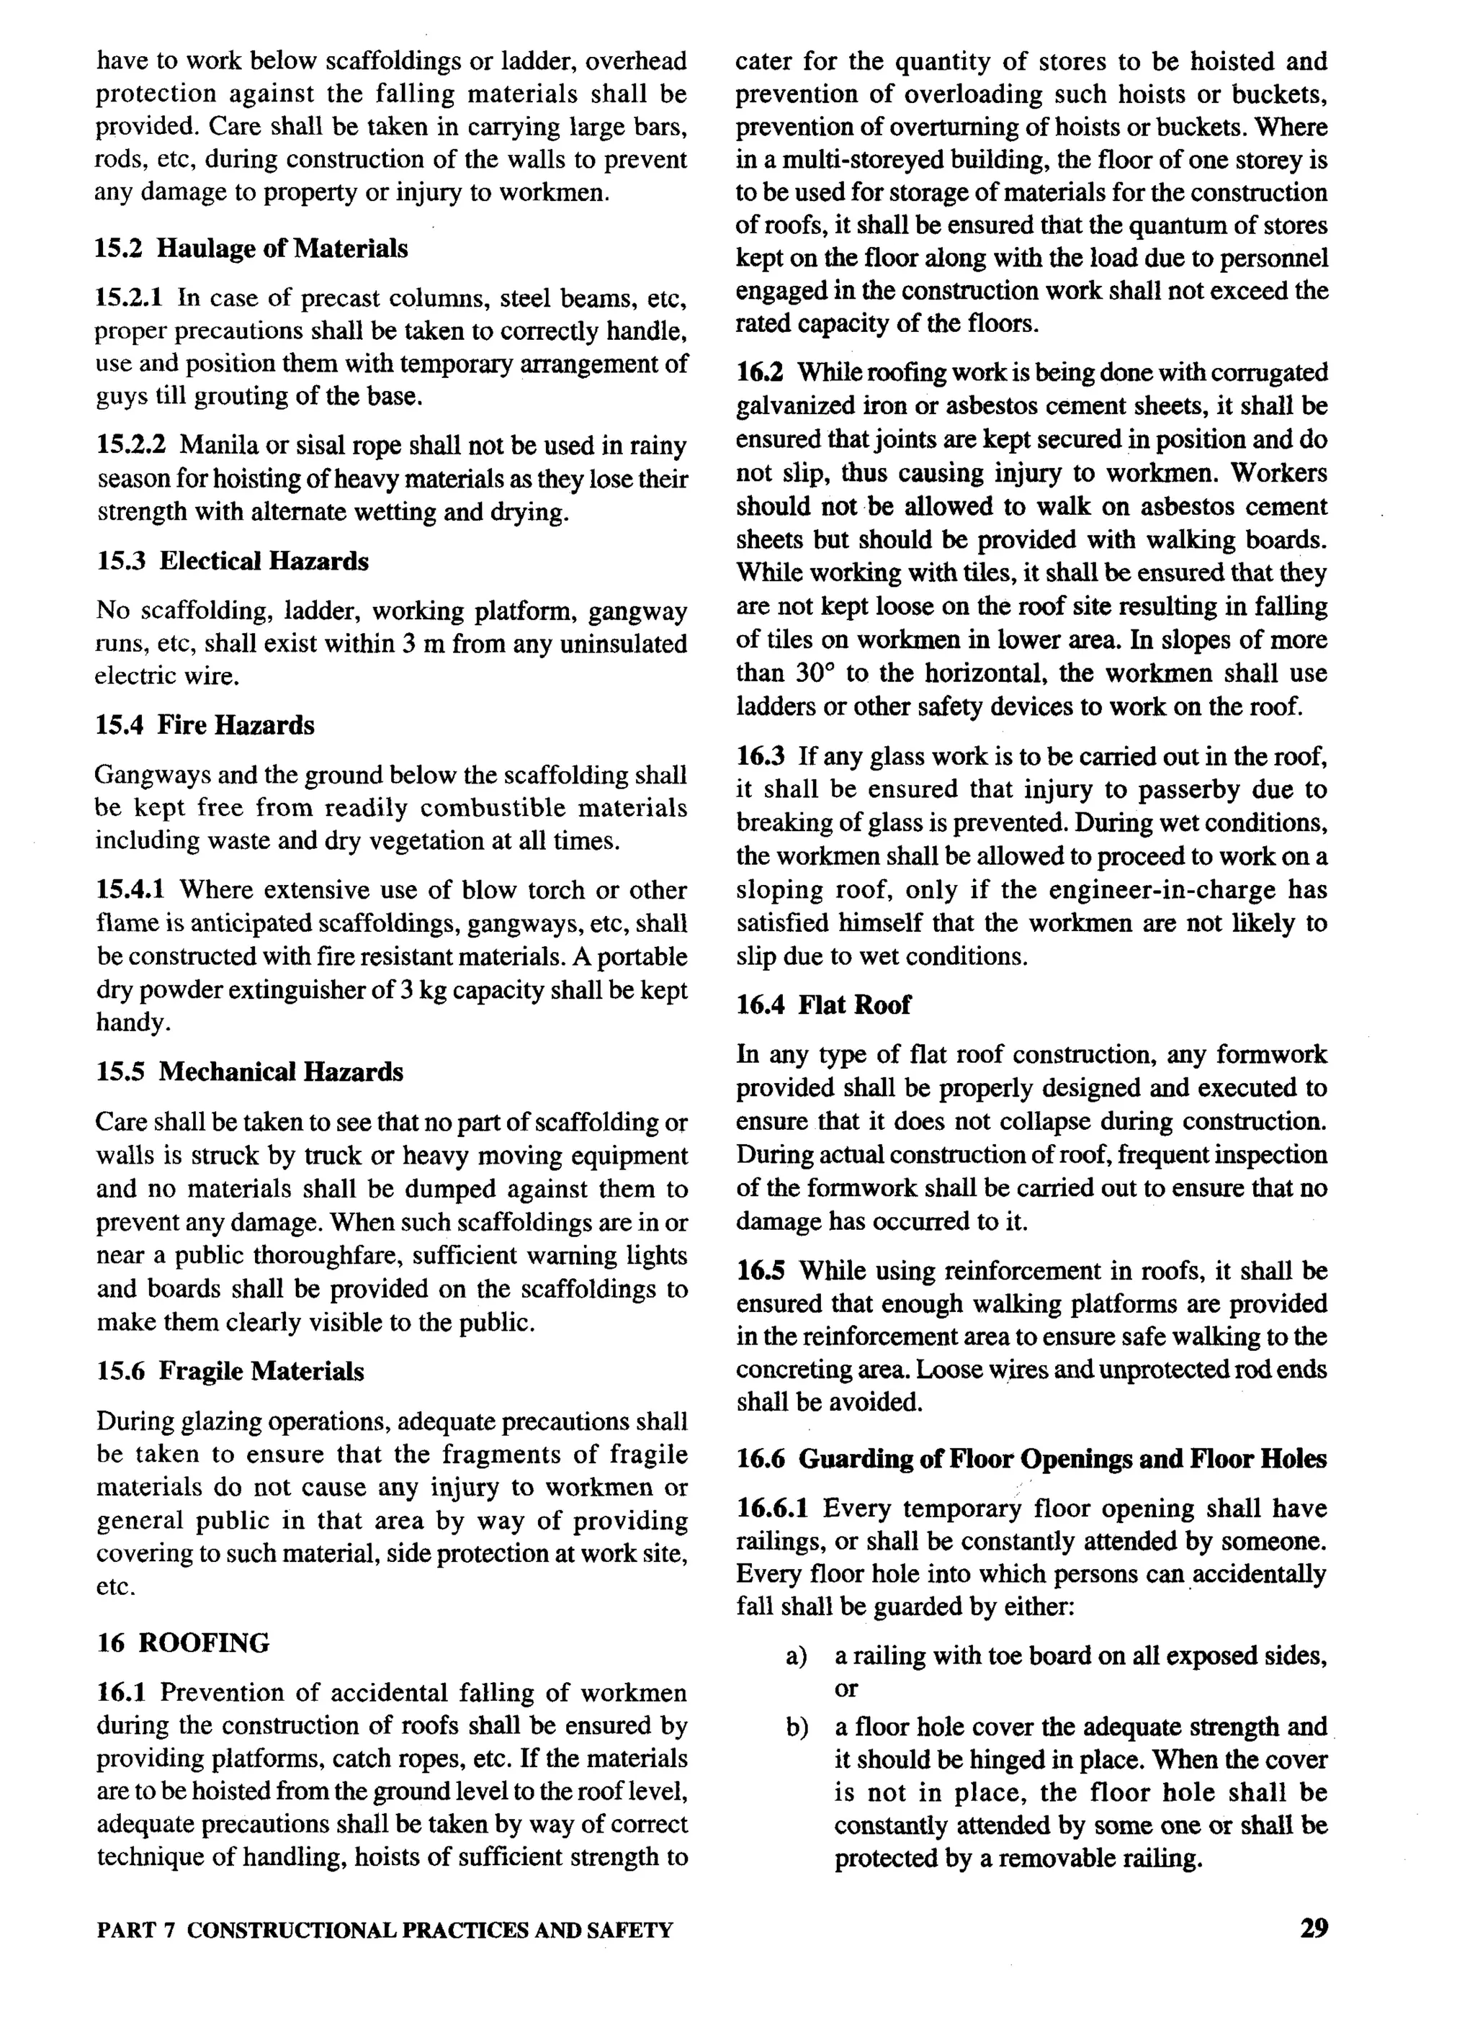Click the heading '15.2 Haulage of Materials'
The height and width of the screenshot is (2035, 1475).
pyautogui.click(x=251, y=248)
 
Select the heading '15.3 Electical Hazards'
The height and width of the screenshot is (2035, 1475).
pyautogui.click(x=233, y=562)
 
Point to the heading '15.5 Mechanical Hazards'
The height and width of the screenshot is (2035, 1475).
pyautogui.click(x=251, y=1072)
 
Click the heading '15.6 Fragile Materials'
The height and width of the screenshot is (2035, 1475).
pyautogui.click(x=230, y=1371)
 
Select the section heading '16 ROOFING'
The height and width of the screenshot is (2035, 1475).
pyautogui.click(x=183, y=1643)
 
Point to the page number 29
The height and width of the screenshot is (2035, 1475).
pyautogui.click(x=1314, y=1928)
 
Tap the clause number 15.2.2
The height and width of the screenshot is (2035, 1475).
pyautogui.click(x=133, y=446)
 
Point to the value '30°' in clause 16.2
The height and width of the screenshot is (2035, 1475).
pyautogui.click(x=814, y=673)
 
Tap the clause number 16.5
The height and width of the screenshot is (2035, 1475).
pyautogui.click(x=761, y=1272)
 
